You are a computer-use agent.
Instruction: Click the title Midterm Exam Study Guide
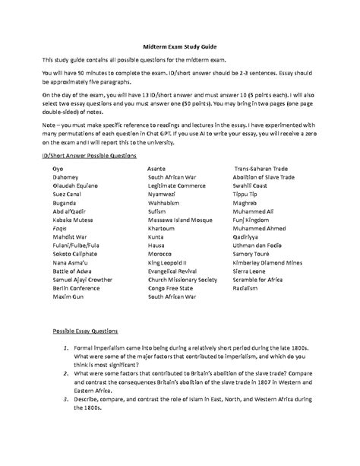180,44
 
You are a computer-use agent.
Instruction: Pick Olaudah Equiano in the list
75,204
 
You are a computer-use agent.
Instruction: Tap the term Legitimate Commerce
178,204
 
